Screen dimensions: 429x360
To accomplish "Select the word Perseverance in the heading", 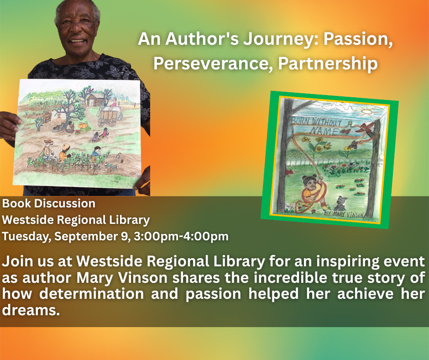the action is (213, 64).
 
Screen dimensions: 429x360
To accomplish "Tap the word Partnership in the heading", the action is (328, 64).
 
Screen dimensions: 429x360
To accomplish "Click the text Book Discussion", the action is (49, 204).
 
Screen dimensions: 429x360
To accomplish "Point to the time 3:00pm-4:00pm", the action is (181, 236).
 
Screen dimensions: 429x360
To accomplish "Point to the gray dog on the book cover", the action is (340, 203).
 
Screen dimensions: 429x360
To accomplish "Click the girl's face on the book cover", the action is (309, 183).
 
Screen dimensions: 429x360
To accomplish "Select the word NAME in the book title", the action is (324, 130).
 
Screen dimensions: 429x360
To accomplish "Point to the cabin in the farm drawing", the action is (96, 99).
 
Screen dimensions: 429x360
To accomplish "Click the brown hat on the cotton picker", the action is (48, 141).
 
